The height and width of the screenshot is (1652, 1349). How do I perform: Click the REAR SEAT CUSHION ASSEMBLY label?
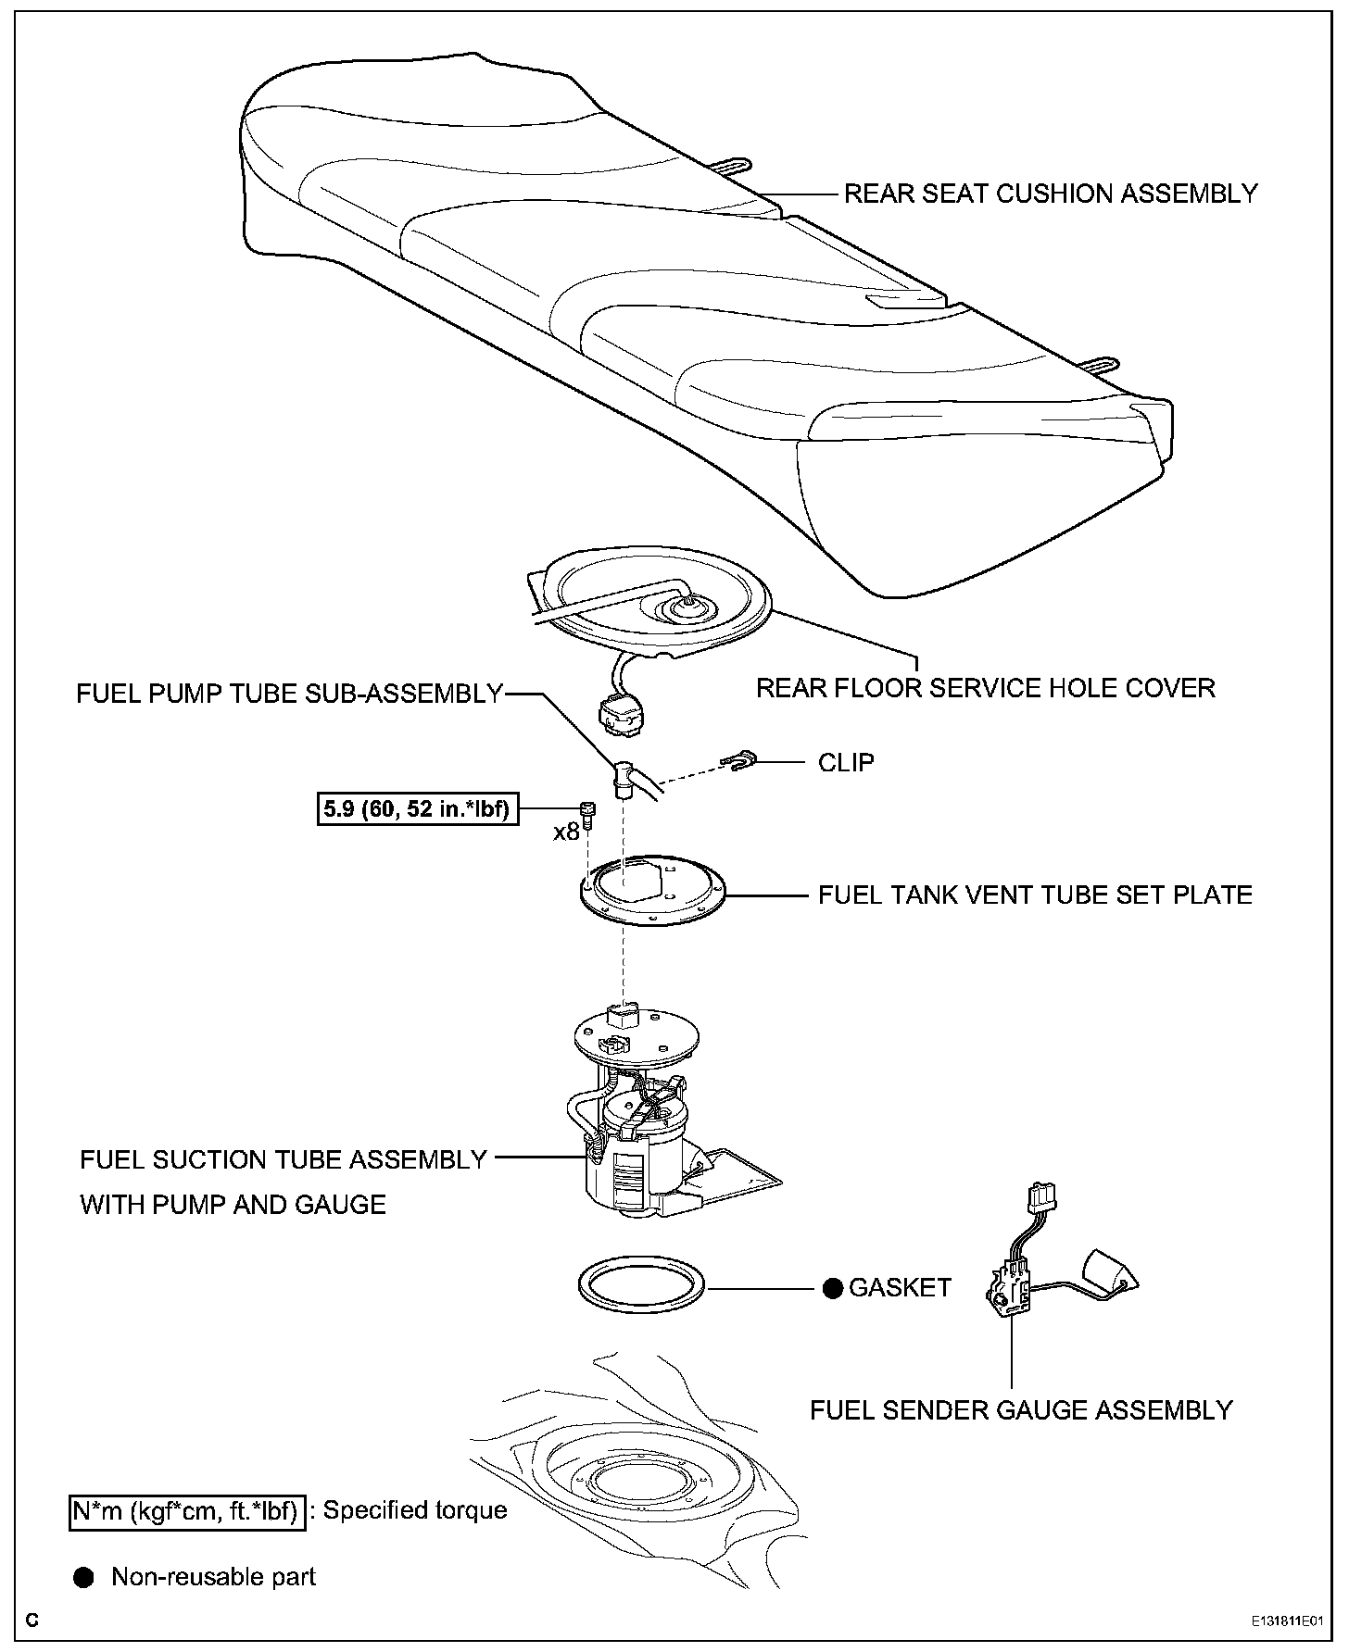1051,194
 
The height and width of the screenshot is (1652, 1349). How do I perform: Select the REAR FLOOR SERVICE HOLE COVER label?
986,688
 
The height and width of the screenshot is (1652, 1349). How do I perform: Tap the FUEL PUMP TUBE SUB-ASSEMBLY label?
289,694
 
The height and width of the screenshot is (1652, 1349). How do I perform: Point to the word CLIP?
846,762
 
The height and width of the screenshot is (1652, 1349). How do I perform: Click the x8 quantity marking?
566,832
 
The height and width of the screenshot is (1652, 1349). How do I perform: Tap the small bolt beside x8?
586,810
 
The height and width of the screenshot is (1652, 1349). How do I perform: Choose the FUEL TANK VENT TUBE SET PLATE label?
1035,895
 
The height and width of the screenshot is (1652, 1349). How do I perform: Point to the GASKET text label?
900,1287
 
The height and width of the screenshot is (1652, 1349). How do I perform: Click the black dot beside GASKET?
832,1288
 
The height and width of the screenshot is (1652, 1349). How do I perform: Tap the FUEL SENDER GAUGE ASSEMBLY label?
1021,1409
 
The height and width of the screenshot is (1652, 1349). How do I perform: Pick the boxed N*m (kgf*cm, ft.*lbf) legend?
187,1511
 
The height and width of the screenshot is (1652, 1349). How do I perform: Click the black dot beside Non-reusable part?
84,1578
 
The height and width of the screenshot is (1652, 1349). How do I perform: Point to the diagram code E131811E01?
1284,1621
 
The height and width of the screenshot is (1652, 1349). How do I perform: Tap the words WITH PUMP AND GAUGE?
233,1204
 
